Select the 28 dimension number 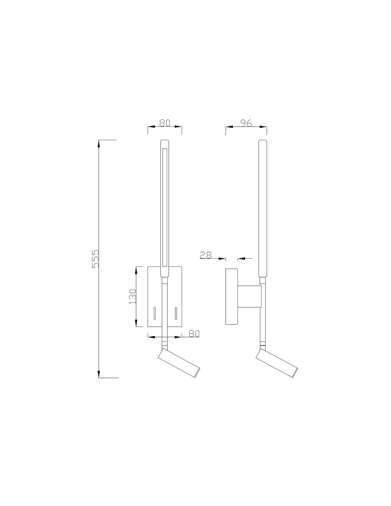point(205,255)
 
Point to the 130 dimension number point(132,296)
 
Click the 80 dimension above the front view point(165,123)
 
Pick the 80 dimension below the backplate point(194,333)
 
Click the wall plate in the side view point(231,296)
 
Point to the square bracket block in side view point(250,296)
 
